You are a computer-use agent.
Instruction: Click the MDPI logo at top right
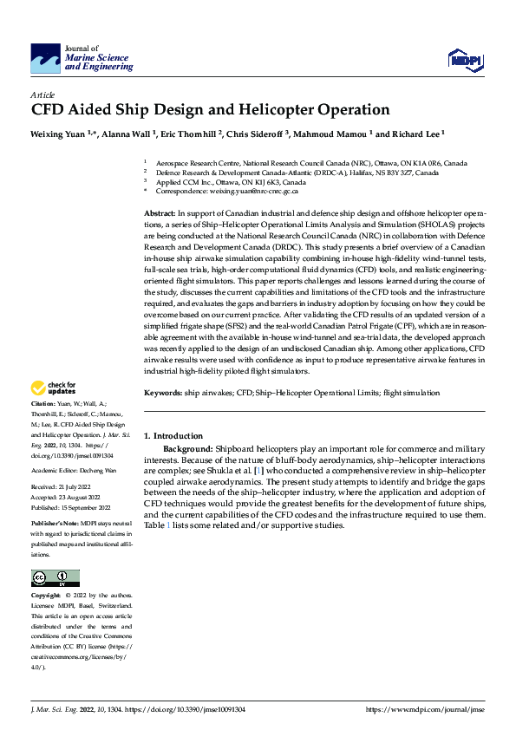coord(465,59)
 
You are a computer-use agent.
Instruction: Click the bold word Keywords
coord(163,393)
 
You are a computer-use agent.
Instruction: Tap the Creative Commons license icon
coord(55,577)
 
